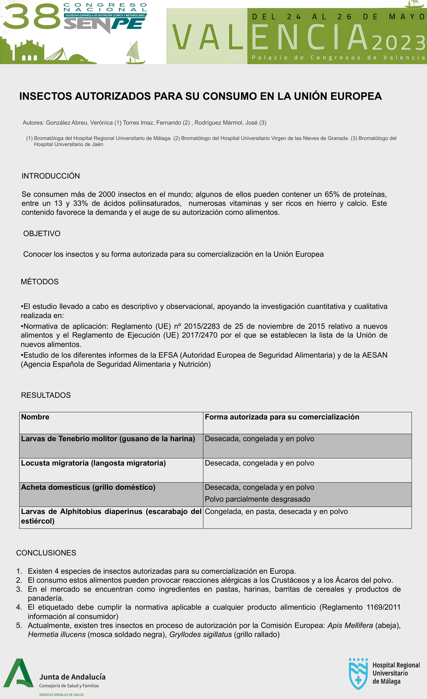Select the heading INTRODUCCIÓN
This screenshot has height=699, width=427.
point(51,176)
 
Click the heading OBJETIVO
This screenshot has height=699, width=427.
point(42,233)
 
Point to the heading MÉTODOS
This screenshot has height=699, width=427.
point(40,282)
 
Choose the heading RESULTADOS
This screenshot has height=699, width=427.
point(46,395)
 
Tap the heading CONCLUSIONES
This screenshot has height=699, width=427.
point(46,553)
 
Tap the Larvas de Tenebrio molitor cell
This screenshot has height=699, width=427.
point(108,439)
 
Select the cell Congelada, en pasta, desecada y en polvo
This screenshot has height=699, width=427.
point(276,511)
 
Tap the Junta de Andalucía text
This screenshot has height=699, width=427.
point(72,677)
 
